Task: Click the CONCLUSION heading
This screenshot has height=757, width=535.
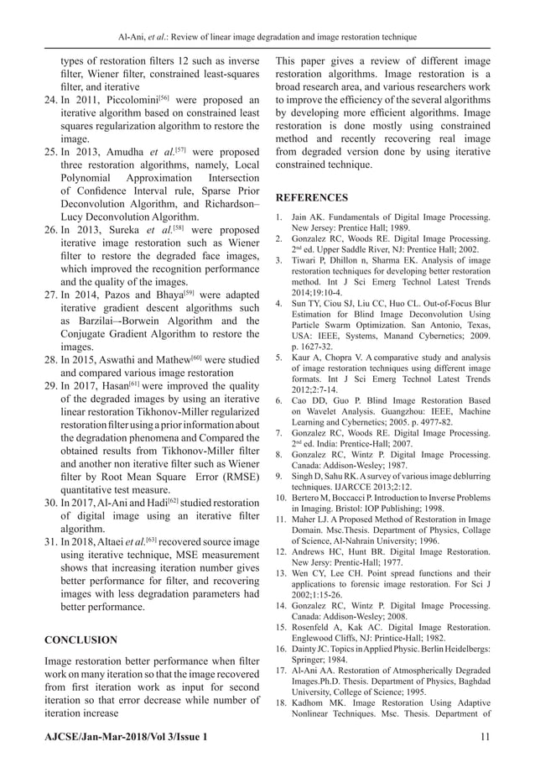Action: coord(80,640)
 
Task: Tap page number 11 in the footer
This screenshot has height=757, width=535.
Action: coord(484,736)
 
